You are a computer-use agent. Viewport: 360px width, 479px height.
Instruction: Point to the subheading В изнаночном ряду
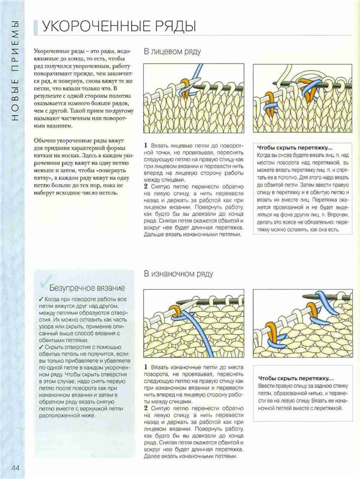(x=178, y=274)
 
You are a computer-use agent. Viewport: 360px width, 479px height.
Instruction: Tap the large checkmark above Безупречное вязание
(x=46, y=277)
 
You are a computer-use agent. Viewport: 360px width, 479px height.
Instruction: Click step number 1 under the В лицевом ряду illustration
(x=146, y=146)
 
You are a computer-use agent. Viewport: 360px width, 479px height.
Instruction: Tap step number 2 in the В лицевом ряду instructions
(x=146, y=186)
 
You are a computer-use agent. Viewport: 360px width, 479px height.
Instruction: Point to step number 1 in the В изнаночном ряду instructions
(x=146, y=368)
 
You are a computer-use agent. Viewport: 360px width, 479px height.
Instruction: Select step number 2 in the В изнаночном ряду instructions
(x=146, y=408)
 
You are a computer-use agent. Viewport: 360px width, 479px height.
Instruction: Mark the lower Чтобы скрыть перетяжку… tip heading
(x=294, y=378)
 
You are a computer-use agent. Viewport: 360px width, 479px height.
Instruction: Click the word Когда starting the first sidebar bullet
(x=53, y=298)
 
